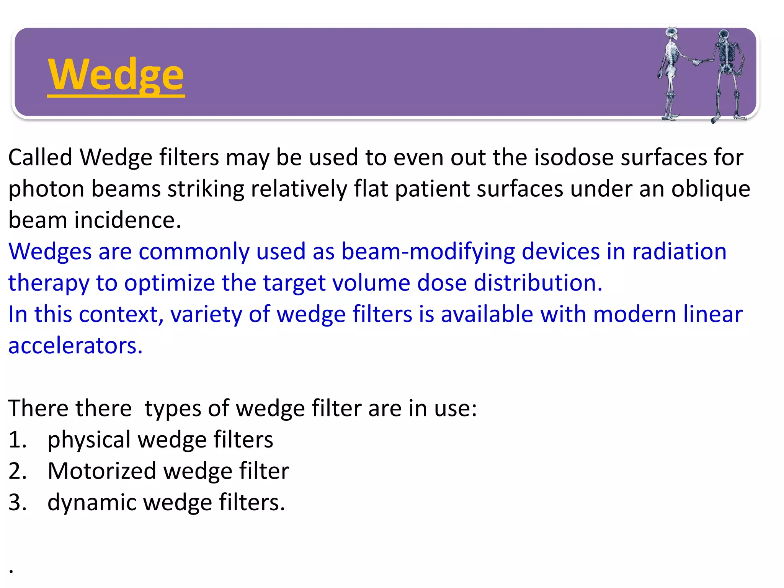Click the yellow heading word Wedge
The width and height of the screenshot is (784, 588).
[116, 75]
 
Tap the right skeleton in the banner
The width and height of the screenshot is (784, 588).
[726, 73]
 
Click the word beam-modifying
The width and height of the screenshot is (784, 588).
[428, 252]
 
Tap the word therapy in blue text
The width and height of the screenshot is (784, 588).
[49, 284]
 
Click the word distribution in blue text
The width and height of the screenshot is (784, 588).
[538, 283]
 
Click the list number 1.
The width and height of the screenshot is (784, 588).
[17, 439]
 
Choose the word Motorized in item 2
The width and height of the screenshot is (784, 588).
[102, 471]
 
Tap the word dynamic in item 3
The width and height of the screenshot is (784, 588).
[91, 503]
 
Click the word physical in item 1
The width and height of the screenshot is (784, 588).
[89, 440]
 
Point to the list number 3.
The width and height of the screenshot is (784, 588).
[17, 503]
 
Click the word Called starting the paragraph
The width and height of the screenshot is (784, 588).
[40, 157]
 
